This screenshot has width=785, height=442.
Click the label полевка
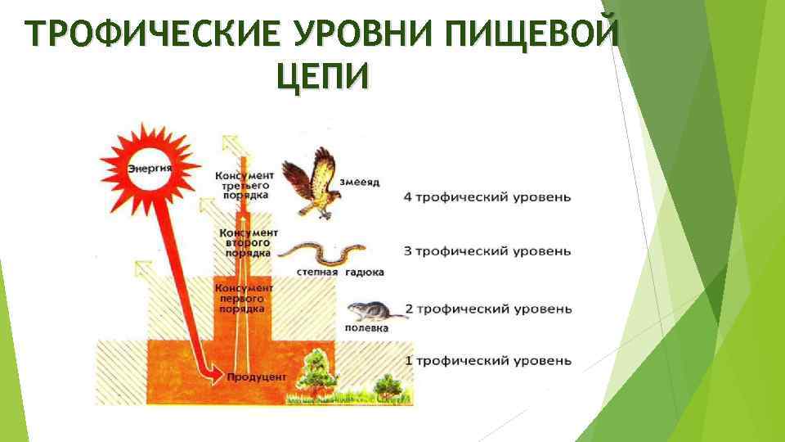(x=366, y=327)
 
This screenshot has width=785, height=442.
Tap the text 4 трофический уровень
(x=487, y=197)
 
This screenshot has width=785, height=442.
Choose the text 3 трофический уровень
(x=487, y=250)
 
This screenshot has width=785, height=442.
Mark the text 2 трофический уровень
(x=487, y=309)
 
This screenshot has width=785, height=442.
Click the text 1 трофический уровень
(x=487, y=361)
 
